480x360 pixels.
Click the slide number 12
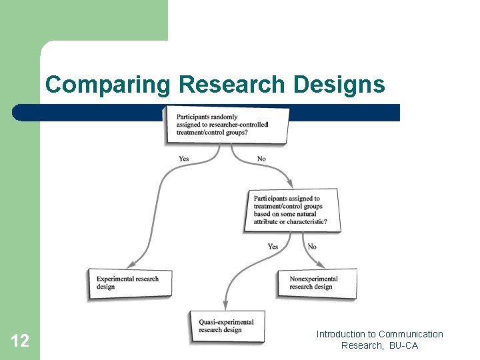20,341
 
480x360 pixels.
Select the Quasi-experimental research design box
227,326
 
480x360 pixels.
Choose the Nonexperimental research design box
317,283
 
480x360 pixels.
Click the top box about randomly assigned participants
227,125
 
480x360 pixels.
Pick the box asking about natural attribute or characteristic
293,210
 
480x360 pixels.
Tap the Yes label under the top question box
183,159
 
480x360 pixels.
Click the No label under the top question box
261,159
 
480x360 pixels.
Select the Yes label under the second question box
273,247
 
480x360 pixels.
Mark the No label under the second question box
312,247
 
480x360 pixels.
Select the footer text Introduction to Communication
379,334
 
